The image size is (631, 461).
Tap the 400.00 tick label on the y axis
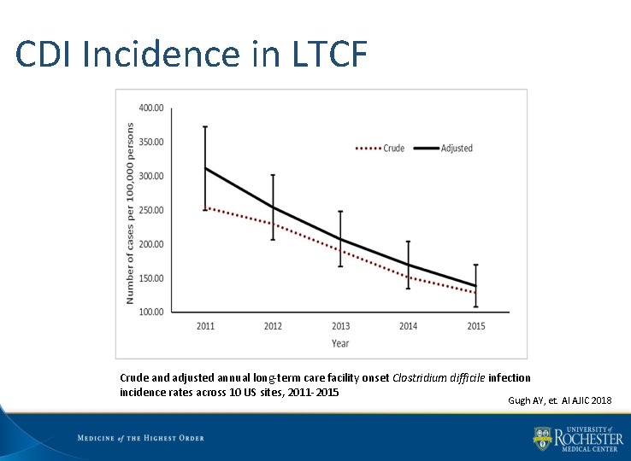click(x=151, y=108)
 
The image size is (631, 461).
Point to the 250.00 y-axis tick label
click(x=151, y=210)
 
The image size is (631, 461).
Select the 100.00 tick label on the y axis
click(x=151, y=312)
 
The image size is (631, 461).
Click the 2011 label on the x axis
click(x=205, y=326)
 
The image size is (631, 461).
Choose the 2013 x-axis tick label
click(x=340, y=326)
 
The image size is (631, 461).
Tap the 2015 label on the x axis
click(x=476, y=326)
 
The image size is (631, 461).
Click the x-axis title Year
click(x=340, y=343)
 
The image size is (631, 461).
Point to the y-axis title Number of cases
click(x=131, y=213)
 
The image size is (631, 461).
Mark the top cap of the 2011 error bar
click(x=205, y=126)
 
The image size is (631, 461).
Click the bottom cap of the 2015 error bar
click(x=476, y=306)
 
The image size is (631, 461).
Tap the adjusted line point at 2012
click(x=273, y=207)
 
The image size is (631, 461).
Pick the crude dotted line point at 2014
click(x=408, y=277)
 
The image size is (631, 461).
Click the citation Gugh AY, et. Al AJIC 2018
click(x=559, y=400)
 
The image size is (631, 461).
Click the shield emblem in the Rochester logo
click(x=542, y=439)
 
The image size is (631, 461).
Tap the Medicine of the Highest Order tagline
click(x=140, y=438)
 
